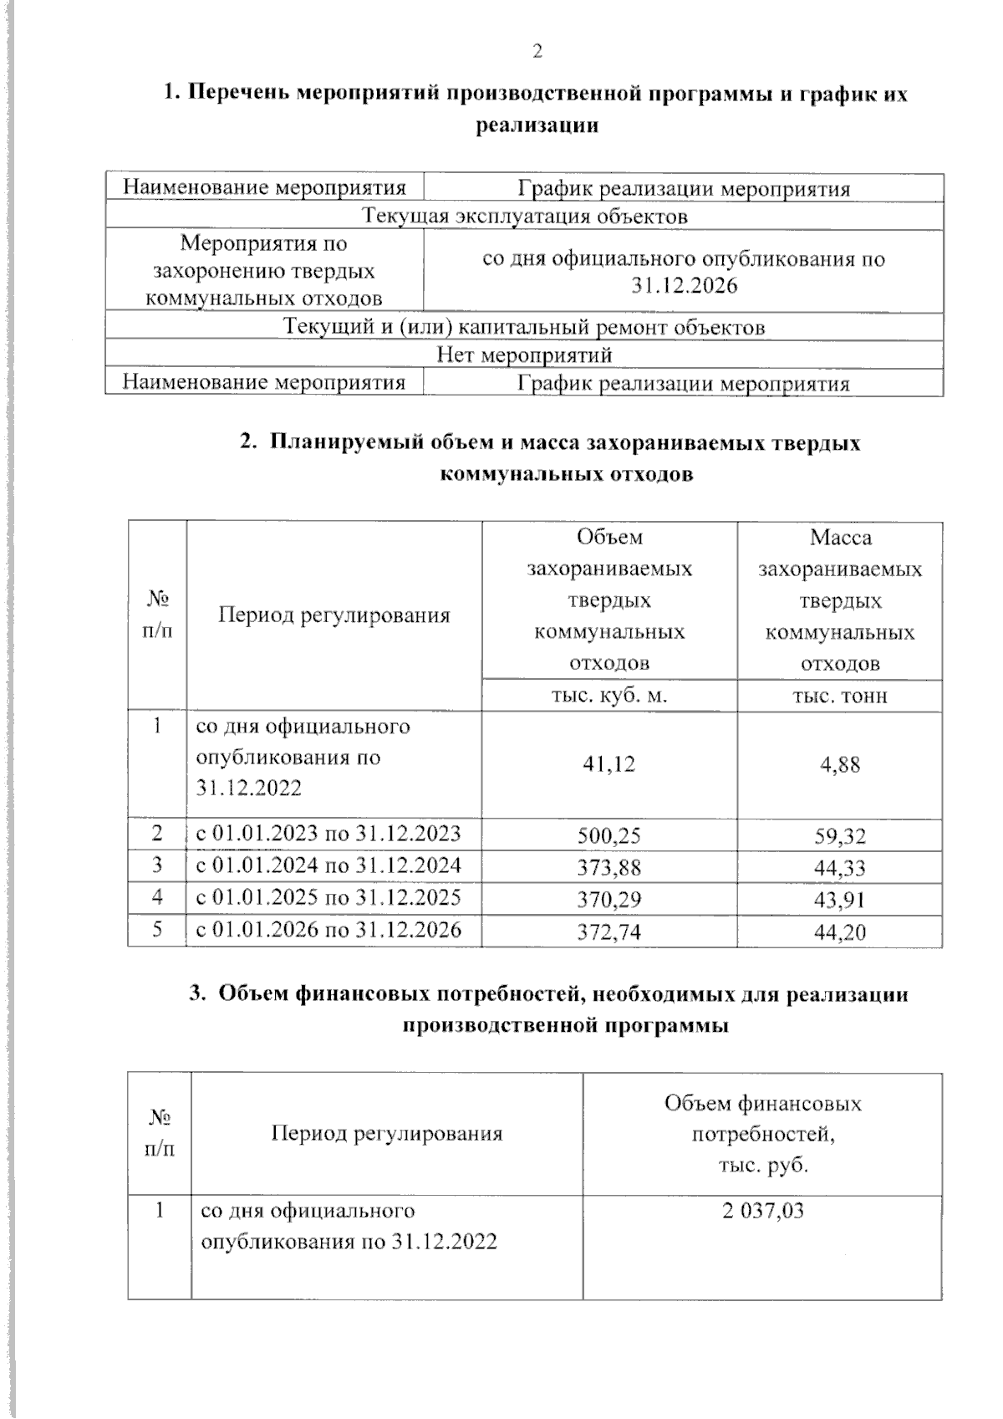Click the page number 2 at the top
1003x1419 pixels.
pyautogui.click(x=537, y=52)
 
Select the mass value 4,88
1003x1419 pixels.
pyautogui.click(x=840, y=763)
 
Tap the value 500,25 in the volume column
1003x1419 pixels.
pyautogui.click(x=609, y=835)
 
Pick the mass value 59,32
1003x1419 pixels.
pyautogui.click(x=840, y=835)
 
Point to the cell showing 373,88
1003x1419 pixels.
pyautogui.click(x=609, y=867)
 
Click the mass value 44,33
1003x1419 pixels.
pyautogui.click(x=840, y=867)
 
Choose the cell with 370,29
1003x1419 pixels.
pyautogui.click(x=609, y=900)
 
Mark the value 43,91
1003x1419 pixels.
pyautogui.click(x=840, y=900)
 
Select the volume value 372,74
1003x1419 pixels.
pyautogui.click(x=609, y=932)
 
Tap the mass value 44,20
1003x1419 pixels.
pyautogui.click(x=840, y=932)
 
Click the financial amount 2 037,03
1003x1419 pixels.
pyautogui.click(x=763, y=1211)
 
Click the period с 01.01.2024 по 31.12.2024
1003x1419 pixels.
pyautogui.click(x=328, y=865)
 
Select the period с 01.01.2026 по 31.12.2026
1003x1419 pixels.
pyautogui.click(x=328, y=930)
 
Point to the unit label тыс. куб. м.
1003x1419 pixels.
pyautogui.click(x=609, y=696)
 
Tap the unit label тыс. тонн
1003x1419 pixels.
pyautogui.click(x=840, y=696)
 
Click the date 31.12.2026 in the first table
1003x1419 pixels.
pyautogui.click(x=685, y=286)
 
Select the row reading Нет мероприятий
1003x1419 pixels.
pyautogui.click(x=525, y=355)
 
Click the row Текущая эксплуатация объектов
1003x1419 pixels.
pyautogui.click(x=525, y=217)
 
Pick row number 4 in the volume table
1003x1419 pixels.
pyautogui.click(x=157, y=898)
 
